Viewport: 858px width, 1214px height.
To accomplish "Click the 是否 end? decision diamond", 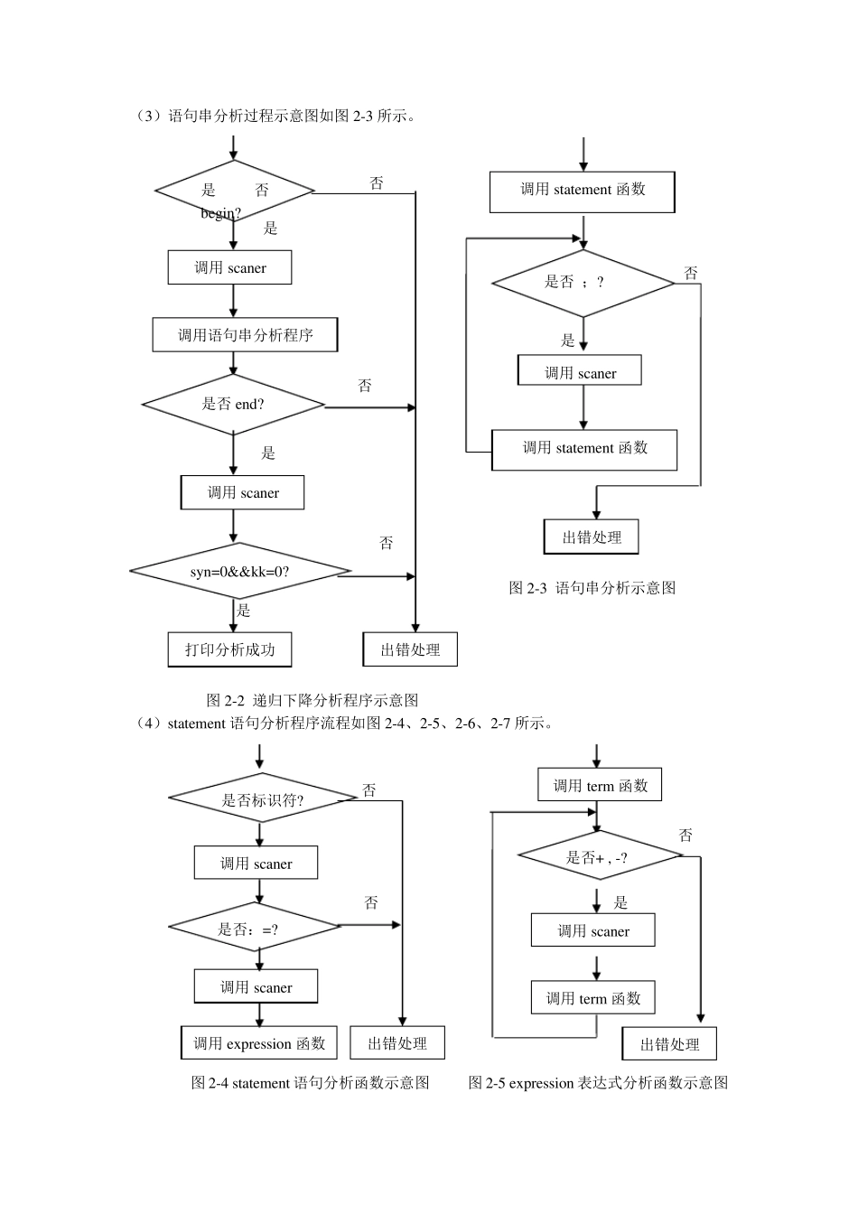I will (x=233, y=405).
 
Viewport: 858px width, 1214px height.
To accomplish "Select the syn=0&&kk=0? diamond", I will (x=239, y=572).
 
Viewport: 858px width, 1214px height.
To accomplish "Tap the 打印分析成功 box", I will (x=229, y=649).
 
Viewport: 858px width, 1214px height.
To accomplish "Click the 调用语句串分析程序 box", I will (x=245, y=335).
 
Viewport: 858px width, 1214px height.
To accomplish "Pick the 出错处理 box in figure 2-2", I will (x=410, y=649).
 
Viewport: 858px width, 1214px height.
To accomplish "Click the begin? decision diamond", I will (x=234, y=191).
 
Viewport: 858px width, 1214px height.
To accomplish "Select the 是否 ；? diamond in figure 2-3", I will (x=583, y=283).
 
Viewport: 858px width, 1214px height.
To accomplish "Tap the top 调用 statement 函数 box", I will (x=583, y=191).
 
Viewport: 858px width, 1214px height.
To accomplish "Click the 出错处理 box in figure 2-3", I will (x=592, y=537).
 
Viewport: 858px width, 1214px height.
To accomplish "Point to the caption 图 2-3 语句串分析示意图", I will (x=592, y=588).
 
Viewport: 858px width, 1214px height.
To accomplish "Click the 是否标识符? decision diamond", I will (x=262, y=799).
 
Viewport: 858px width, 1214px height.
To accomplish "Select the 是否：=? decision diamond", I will (x=254, y=928).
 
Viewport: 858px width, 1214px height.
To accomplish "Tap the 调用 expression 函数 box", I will (x=259, y=1043).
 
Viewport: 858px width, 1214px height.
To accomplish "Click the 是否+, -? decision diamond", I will (x=598, y=857).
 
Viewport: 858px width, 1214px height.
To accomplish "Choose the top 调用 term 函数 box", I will (x=600, y=786).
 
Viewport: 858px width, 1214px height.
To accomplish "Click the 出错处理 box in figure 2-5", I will (x=669, y=1044).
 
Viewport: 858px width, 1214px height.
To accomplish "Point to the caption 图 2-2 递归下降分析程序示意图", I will (x=312, y=700).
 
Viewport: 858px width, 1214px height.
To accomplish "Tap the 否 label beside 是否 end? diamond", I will (x=365, y=386).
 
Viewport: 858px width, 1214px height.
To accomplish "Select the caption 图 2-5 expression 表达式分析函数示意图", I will (x=598, y=1083).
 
